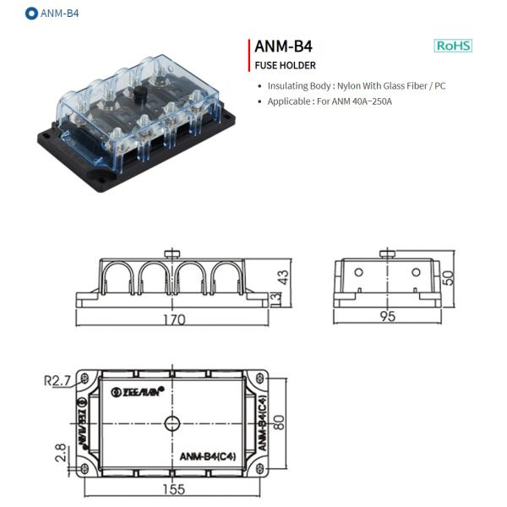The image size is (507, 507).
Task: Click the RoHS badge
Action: pos(453,46)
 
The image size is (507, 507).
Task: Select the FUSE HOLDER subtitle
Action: pos(285,65)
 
